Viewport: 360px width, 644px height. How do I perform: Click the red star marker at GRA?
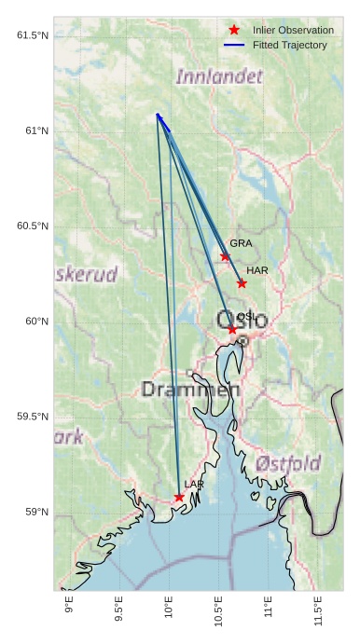[x=225, y=256]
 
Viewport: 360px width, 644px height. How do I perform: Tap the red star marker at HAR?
[x=242, y=283]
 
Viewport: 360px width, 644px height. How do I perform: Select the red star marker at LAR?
[x=179, y=498]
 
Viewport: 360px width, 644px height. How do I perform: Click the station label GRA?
[x=241, y=243]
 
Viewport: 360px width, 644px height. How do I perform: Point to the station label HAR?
[x=257, y=270]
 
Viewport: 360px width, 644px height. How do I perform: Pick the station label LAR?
[x=194, y=485]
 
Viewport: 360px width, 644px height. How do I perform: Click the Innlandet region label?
[x=219, y=76]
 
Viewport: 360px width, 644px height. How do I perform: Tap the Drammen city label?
[x=190, y=390]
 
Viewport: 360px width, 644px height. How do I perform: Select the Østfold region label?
[x=288, y=463]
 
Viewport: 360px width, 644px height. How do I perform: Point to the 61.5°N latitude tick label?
[x=32, y=35]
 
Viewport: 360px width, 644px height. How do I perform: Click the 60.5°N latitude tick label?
[x=32, y=226]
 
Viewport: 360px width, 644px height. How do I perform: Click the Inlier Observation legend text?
[x=293, y=30]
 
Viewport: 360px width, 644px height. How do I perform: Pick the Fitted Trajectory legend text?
[x=289, y=45]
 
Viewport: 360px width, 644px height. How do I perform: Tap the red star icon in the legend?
[x=234, y=30]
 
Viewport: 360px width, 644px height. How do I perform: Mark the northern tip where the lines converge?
[x=158, y=114]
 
